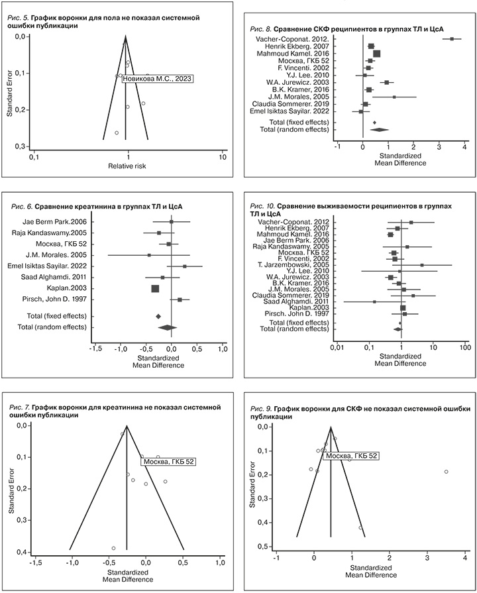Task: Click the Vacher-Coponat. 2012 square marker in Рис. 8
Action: (x=452, y=39)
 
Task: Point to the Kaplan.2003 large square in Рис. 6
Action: (x=155, y=288)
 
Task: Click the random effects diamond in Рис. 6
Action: (x=168, y=327)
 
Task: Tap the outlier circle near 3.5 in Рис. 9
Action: (x=447, y=472)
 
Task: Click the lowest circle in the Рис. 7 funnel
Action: (x=114, y=548)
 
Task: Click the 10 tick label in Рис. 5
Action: (x=223, y=156)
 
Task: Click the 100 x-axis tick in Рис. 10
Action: (x=464, y=347)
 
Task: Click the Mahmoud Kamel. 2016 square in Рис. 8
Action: (x=376, y=54)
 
